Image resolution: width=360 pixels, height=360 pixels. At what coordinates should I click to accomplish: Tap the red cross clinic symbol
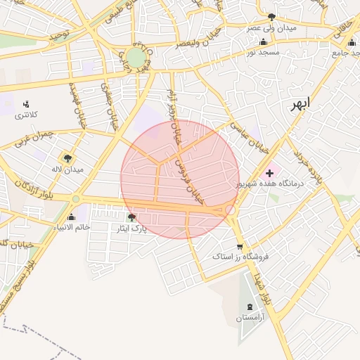[x=270, y=172]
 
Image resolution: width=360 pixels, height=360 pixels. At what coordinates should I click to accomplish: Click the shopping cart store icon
[x=240, y=247]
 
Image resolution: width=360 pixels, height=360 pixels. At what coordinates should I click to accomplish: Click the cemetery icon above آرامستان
[x=252, y=307]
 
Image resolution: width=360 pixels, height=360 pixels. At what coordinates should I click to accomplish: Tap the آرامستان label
[x=251, y=319]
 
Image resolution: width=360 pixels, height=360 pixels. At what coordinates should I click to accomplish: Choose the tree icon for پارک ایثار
[x=131, y=217]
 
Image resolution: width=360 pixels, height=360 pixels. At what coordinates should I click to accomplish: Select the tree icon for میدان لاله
[x=67, y=158]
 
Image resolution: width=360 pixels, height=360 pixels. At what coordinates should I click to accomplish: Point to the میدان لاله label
[x=67, y=169]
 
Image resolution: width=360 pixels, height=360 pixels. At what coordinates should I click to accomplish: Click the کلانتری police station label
[x=26, y=115]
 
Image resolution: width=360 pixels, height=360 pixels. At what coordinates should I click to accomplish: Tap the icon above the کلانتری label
[x=26, y=104]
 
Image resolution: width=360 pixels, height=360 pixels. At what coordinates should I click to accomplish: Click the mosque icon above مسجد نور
[x=264, y=41]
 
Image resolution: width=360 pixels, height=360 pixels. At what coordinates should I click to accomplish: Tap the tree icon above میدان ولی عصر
[x=271, y=17]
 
